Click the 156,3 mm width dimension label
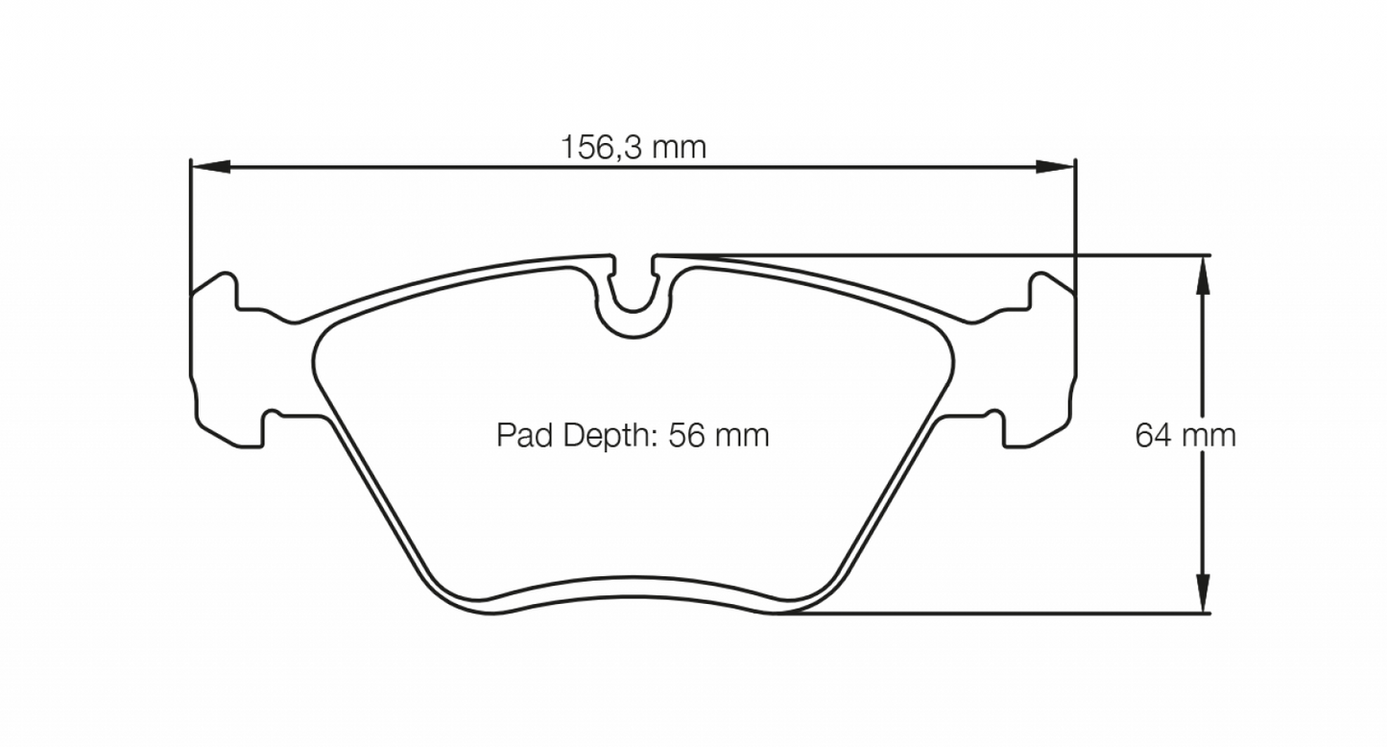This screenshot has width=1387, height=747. click(633, 148)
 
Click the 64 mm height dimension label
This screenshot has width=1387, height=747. click(1185, 436)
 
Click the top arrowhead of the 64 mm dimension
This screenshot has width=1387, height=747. click(1201, 274)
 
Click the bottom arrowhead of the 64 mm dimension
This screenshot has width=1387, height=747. click(1201, 595)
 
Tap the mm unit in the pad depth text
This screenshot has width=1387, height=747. click(745, 436)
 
